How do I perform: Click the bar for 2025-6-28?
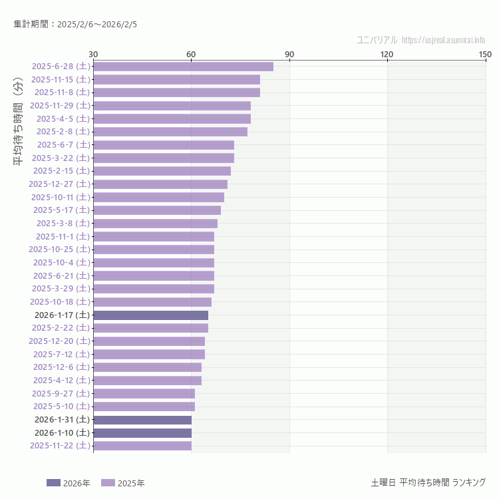(x=183, y=67)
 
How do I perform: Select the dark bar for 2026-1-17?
(x=150, y=315)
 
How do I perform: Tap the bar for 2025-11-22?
(x=142, y=446)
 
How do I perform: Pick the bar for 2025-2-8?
(x=170, y=132)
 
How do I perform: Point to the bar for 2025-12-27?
(x=160, y=184)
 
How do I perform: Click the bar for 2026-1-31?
(x=142, y=420)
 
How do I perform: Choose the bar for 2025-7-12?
(x=149, y=354)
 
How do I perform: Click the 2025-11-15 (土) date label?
(x=61, y=79)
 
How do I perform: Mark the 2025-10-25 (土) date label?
(x=59, y=249)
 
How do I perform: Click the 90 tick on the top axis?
(x=289, y=54)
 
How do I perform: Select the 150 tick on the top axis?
(x=484, y=54)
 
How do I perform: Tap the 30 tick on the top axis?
(x=93, y=54)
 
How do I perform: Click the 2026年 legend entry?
(x=69, y=483)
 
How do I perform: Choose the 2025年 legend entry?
(x=123, y=483)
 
